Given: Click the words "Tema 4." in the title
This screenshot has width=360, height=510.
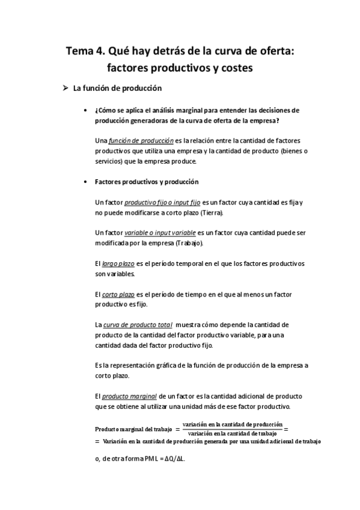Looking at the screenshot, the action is pos(85,52).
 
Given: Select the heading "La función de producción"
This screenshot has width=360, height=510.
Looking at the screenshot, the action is pos(118,88).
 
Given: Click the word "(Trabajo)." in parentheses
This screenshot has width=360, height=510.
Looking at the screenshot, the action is pos(189,244).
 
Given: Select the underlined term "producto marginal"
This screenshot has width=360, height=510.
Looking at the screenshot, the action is pos(129,397).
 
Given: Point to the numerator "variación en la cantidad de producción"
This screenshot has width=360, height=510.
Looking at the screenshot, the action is pos(233,424).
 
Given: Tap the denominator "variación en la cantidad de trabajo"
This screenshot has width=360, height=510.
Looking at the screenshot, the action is pos(233,433).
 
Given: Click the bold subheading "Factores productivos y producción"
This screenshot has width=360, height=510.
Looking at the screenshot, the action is pos(147,182).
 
